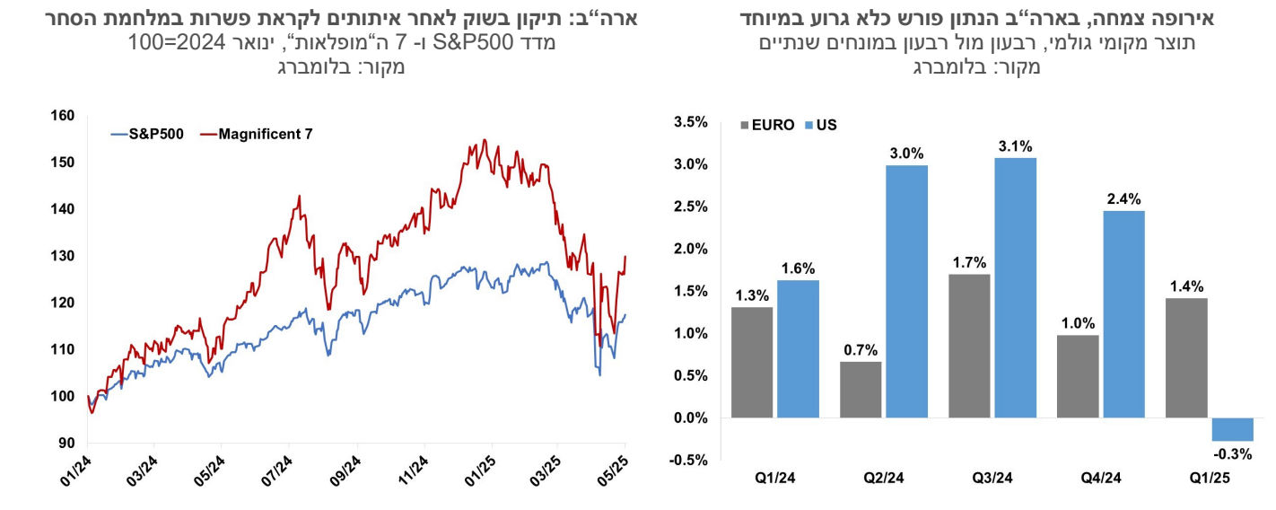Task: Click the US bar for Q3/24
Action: pyautogui.click(x=1015, y=287)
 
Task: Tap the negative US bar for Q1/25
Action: pyautogui.click(x=1231, y=429)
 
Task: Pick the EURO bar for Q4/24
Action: pyautogui.click(x=1078, y=376)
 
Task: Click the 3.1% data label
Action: pyautogui.click(x=1015, y=145)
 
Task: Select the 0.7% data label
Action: pyautogui.click(x=860, y=349)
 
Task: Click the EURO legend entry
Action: pyautogui.click(x=766, y=125)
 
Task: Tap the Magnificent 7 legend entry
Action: pyautogui.click(x=256, y=134)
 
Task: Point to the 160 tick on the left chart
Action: pyautogui.click(x=63, y=116)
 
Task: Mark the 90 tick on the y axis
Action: pyautogui.click(x=67, y=443)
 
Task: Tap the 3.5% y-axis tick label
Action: pyautogui.click(x=689, y=123)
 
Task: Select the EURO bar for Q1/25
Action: pyautogui.click(x=1185, y=357)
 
